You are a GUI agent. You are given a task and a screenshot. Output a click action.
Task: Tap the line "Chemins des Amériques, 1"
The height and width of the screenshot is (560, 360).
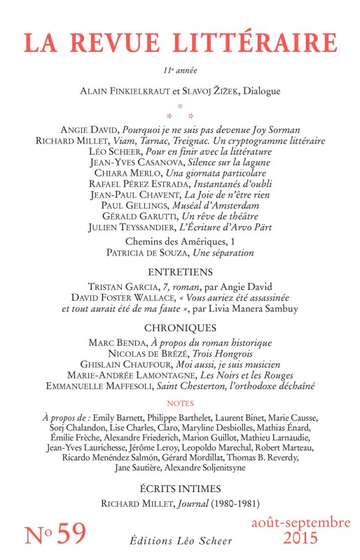[179, 242]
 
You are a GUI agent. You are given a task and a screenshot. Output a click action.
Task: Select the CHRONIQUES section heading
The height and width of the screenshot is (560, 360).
[179, 327]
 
